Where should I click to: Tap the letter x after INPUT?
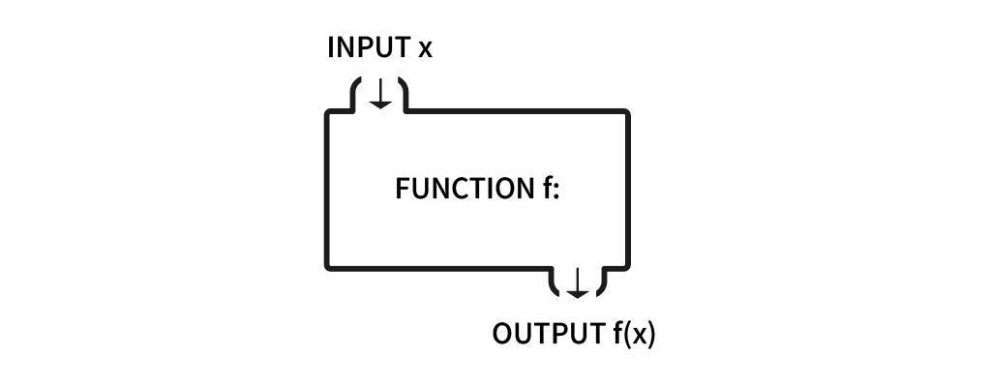(x=424, y=49)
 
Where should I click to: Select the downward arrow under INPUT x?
(x=380, y=94)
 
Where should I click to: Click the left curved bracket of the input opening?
(x=354, y=96)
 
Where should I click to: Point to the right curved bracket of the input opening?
(x=405, y=96)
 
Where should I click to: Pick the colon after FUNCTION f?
(x=556, y=191)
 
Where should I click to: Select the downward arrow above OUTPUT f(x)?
(x=577, y=283)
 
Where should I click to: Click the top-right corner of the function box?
(x=627, y=113)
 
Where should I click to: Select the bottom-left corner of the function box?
(x=327, y=265)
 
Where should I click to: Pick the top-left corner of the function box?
(x=327, y=114)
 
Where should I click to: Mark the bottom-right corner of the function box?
(x=627, y=265)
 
